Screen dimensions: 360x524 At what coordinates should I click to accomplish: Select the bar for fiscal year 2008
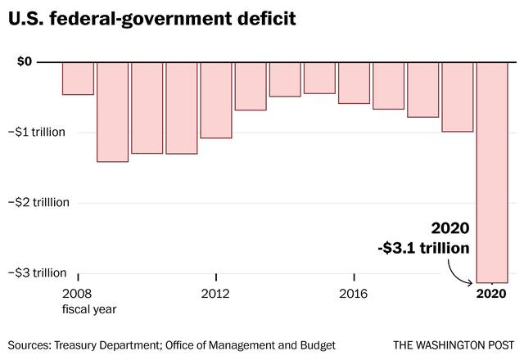tap(78, 79)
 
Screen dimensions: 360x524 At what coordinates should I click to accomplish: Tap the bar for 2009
tap(112, 112)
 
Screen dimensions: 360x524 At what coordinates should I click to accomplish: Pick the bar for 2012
tap(216, 100)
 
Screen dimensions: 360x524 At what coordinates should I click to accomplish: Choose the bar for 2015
tap(319, 78)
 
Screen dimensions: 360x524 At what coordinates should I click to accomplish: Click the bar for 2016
tap(354, 83)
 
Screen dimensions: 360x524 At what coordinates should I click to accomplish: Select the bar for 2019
tap(458, 97)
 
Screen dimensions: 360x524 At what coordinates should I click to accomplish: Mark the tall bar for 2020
tap(492, 172)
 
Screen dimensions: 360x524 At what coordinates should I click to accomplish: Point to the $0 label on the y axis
tap(24, 61)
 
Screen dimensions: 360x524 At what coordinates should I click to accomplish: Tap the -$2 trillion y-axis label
tap(43, 202)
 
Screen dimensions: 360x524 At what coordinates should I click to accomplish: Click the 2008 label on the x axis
tap(77, 294)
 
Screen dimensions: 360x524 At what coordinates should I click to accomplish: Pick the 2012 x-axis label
tap(215, 294)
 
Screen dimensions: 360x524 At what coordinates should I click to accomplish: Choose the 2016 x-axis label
tap(354, 294)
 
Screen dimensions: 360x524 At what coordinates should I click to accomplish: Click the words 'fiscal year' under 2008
tap(89, 309)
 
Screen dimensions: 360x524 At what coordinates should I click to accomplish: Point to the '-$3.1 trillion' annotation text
tap(426, 248)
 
